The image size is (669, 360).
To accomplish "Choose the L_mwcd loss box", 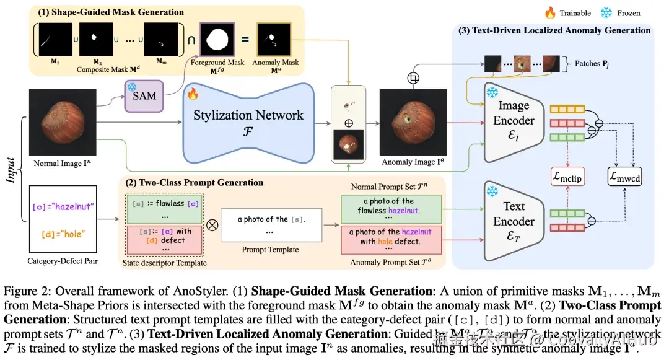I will (624, 177).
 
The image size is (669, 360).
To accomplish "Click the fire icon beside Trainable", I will (550, 12).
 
